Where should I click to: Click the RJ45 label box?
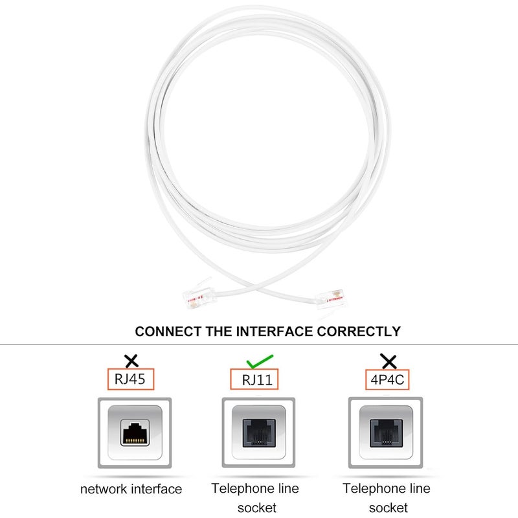(x=131, y=379)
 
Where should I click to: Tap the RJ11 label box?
(x=254, y=379)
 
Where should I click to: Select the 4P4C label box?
(x=387, y=379)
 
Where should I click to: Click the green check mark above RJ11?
(x=260, y=361)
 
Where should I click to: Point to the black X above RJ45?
(x=131, y=361)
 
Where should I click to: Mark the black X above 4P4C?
(x=388, y=361)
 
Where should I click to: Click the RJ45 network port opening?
(x=135, y=433)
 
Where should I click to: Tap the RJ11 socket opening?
(x=259, y=433)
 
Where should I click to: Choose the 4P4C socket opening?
(x=386, y=433)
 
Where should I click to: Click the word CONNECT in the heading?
(x=168, y=332)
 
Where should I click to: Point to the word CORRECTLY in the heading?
(x=359, y=332)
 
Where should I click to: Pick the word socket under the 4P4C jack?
(x=388, y=508)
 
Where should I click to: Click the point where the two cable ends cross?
(x=256, y=288)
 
